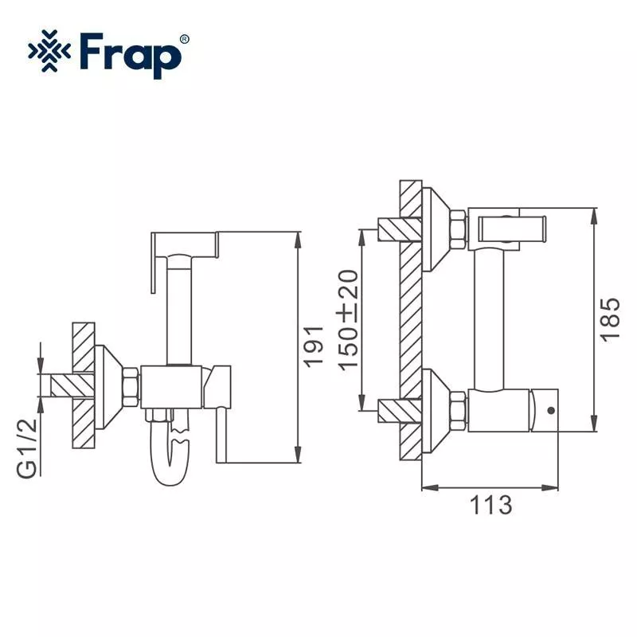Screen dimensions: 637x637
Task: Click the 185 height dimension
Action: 609,319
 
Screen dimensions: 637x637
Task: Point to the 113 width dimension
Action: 490,505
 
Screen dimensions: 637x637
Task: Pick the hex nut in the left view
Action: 132,387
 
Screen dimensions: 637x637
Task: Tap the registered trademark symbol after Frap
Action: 185,38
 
